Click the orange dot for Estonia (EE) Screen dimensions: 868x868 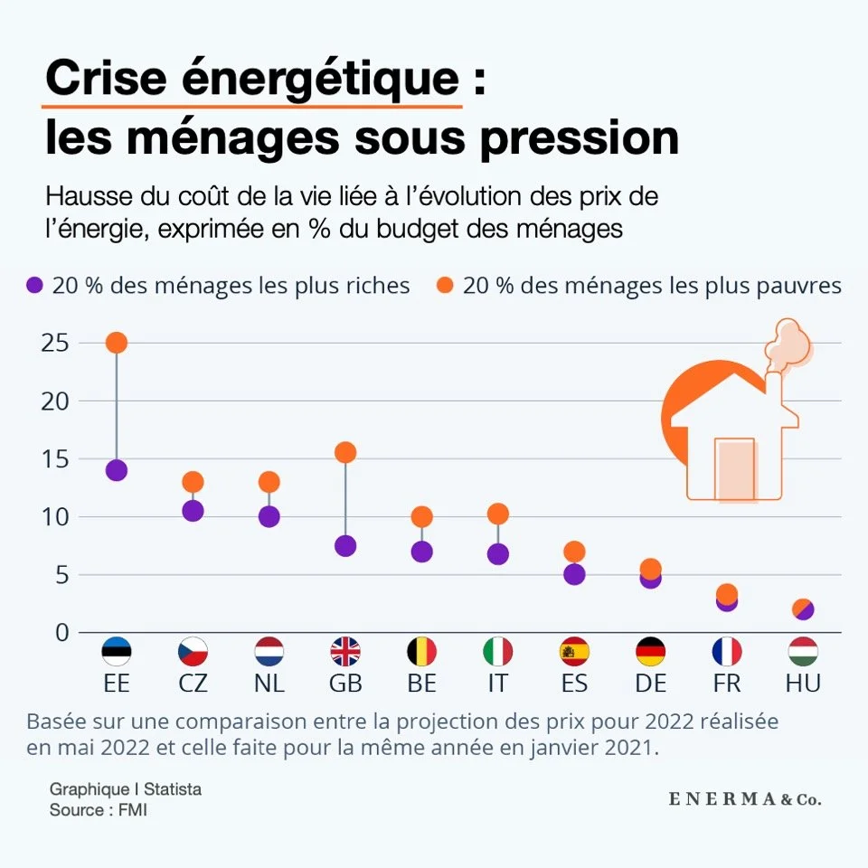tap(116, 343)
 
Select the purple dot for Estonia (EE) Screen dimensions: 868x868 tap(116, 470)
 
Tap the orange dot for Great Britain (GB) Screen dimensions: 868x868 tap(345, 452)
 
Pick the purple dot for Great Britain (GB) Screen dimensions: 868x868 tap(345, 546)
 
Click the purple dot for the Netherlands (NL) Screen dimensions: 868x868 tap(269, 516)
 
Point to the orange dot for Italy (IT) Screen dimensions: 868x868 tap(497, 514)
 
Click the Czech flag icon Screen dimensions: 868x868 tap(193, 651)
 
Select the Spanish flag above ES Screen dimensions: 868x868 tap(574, 651)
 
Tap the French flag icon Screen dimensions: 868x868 tap(727, 651)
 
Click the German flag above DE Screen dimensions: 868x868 tap(651, 651)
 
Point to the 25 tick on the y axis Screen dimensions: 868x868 tap(56, 343)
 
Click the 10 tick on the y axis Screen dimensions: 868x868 tap(56, 516)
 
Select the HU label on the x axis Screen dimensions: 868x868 tap(803, 684)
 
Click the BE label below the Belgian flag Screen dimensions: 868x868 tap(421, 684)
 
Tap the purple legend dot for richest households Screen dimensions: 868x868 tap(35, 286)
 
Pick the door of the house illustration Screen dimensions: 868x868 tap(734, 468)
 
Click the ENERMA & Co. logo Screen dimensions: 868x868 tap(745, 799)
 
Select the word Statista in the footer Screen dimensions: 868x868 tap(172, 789)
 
